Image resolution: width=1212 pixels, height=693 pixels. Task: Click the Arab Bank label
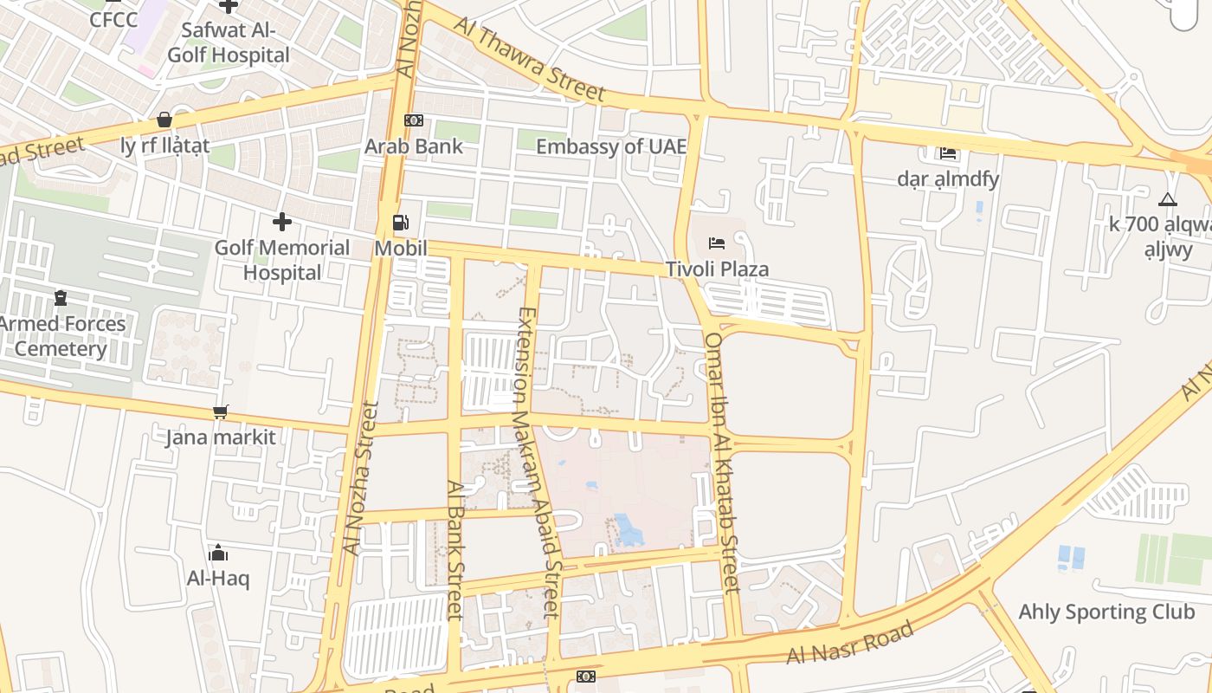(414, 146)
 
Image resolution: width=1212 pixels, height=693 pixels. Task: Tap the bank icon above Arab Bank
(414, 120)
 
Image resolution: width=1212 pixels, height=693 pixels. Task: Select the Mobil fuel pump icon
(400, 223)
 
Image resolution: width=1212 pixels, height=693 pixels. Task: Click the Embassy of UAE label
(610, 146)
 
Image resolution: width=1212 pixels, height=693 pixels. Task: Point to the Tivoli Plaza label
(717, 269)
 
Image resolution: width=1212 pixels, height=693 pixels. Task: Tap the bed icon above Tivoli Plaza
(716, 243)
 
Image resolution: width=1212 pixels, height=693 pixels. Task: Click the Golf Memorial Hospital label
(282, 260)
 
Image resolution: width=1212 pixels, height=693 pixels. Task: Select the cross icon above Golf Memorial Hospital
(281, 222)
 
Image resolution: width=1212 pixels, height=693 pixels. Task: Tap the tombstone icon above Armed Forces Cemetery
(61, 298)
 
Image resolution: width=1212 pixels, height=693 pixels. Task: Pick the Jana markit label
(221, 437)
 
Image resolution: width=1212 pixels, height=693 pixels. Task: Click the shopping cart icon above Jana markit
(221, 411)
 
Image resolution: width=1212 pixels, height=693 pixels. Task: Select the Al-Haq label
(218, 578)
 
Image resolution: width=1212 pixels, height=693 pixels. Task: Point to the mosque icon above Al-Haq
(218, 553)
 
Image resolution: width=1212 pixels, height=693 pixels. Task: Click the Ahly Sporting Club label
(1106, 612)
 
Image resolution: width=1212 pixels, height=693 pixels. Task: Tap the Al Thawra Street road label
(529, 59)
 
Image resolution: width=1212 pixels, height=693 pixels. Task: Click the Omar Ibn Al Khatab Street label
(722, 463)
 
